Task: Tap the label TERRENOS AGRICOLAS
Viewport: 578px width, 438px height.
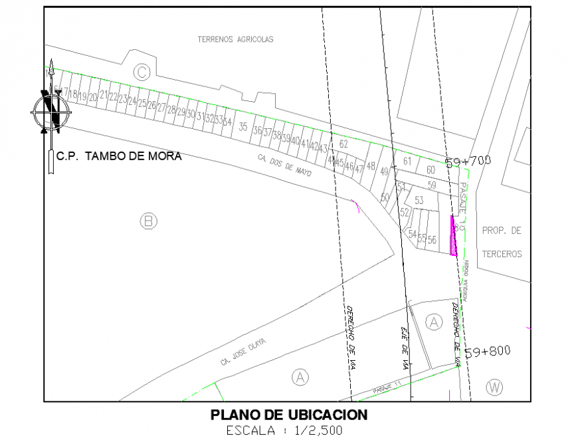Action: click(235, 39)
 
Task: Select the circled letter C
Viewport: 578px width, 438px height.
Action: click(142, 72)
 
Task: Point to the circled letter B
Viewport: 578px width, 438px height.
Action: click(149, 221)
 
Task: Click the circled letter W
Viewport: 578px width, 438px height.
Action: click(494, 386)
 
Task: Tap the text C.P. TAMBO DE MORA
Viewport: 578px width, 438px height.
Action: click(118, 157)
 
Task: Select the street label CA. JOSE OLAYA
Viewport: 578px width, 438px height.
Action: click(244, 352)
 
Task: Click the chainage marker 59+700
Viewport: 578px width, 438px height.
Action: click(468, 162)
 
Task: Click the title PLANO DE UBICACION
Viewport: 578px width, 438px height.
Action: click(288, 415)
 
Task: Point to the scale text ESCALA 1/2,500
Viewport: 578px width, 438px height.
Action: click(284, 430)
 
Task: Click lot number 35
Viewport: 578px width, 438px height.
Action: click(243, 128)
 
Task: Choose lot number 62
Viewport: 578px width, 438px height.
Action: click(343, 144)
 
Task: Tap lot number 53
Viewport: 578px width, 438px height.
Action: click(419, 200)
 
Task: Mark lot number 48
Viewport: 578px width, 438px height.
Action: click(371, 165)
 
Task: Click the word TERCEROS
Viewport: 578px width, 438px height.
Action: click(502, 254)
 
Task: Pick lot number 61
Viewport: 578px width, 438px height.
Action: click(407, 161)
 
